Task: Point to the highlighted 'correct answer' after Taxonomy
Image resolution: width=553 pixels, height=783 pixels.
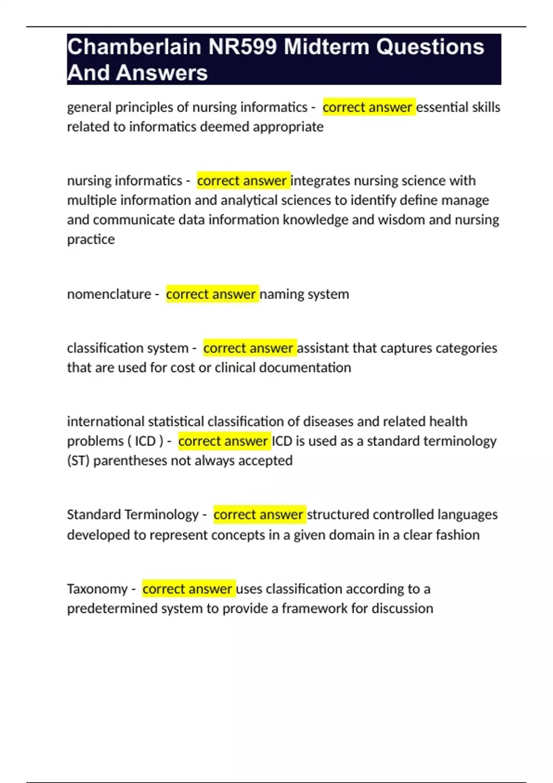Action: [188, 589]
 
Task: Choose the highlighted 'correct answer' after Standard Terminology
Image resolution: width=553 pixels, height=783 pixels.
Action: [259, 514]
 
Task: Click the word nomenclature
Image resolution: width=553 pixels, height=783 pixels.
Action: [109, 294]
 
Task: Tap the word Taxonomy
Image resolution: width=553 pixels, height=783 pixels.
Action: [97, 589]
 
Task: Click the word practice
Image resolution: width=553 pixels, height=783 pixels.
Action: [91, 240]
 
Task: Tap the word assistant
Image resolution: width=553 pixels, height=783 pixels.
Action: [323, 348]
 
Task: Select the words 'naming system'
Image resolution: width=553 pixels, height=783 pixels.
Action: [305, 294]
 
